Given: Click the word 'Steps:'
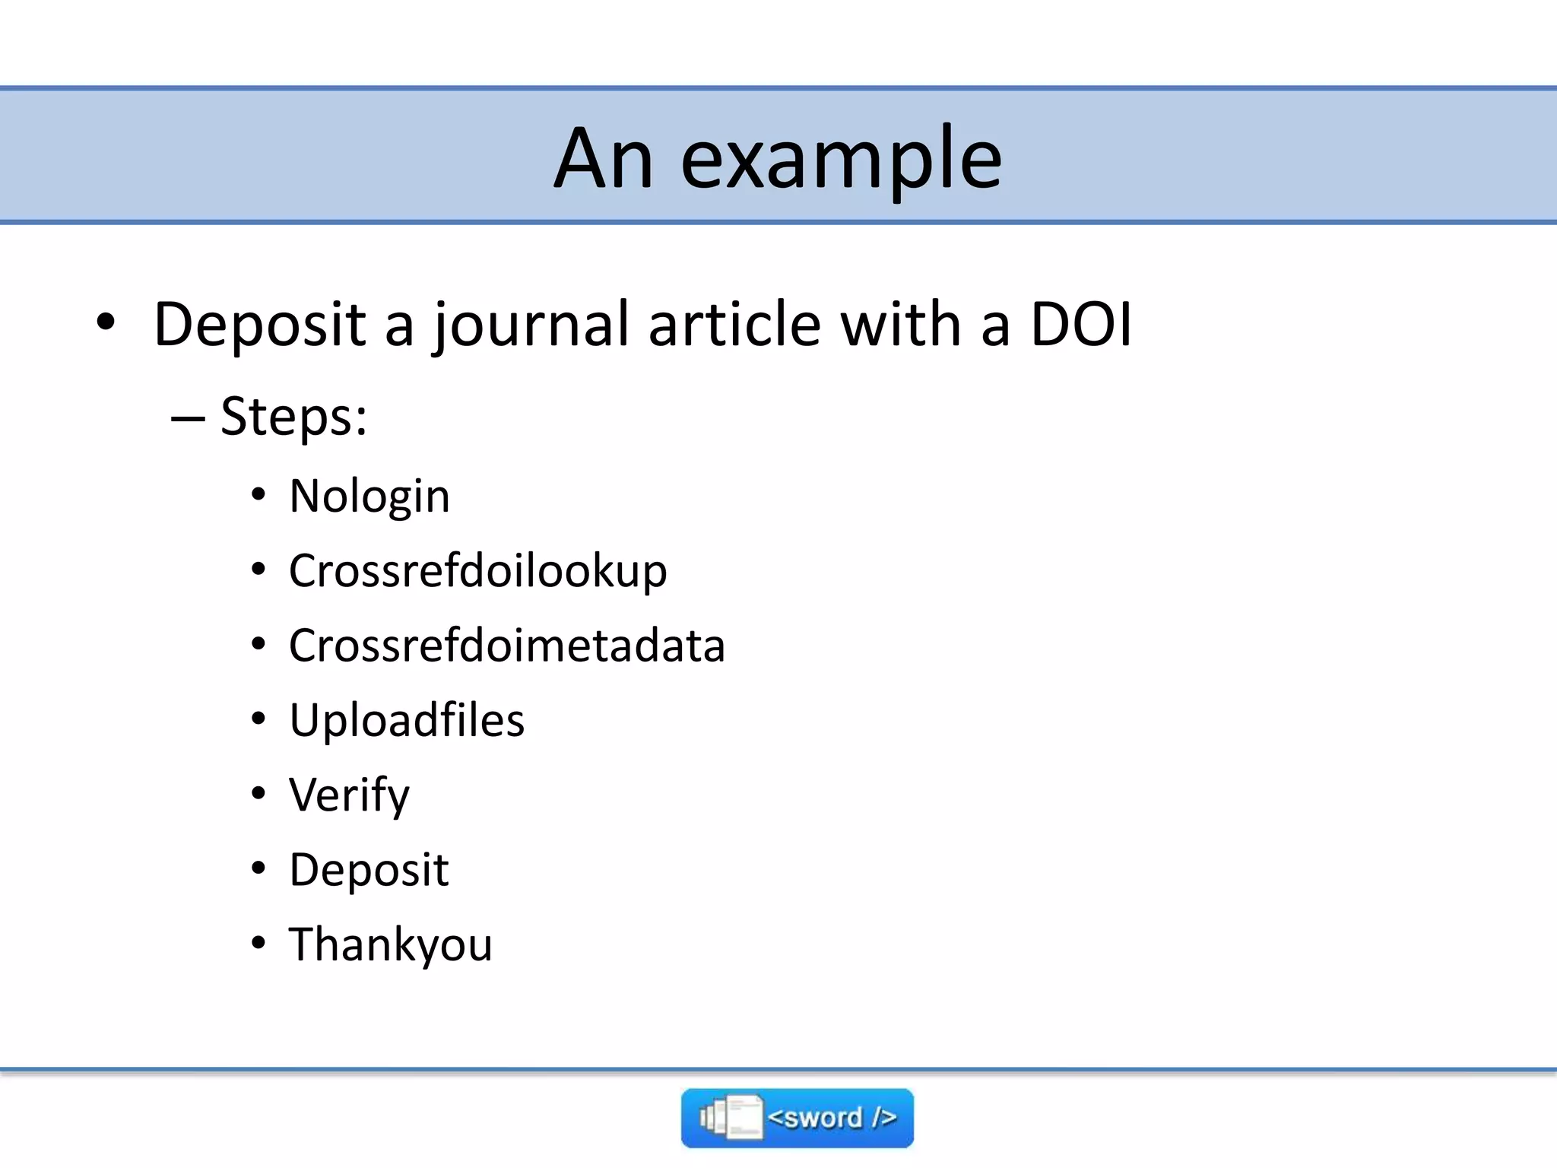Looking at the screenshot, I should (x=293, y=417).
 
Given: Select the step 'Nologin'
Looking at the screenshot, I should (x=369, y=497).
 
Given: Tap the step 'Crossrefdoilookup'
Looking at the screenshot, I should (x=477, y=571).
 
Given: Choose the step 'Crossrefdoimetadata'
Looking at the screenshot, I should (x=506, y=646).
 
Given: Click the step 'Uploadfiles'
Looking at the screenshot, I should (x=407, y=720).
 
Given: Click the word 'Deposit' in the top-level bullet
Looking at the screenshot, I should (x=261, y=325).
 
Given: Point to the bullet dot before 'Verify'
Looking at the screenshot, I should (x=258, y=793).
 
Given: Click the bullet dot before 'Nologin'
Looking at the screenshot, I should (x=258, y=494).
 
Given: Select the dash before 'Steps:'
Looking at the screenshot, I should (x=188, y=417).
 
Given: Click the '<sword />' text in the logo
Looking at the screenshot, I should (x=832, y=1118).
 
